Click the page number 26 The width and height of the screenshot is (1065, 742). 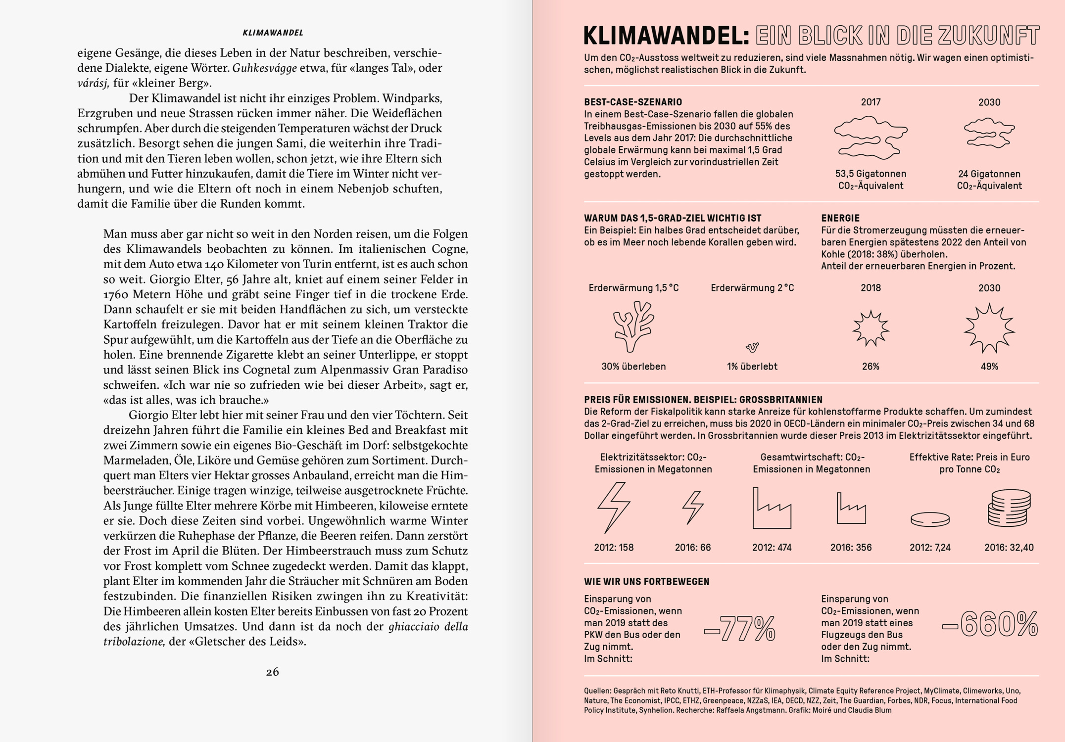point(272,672)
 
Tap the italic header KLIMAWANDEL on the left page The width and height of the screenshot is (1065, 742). point(273,33)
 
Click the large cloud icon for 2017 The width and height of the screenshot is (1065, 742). point(871,137)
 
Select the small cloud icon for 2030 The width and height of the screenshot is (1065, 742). point(989,133)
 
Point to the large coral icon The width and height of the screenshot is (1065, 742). point(633,326)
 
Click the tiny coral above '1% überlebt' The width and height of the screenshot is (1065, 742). point(752,347)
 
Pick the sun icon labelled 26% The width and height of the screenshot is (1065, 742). point(871,328)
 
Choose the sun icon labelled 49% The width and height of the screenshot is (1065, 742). point(989,328)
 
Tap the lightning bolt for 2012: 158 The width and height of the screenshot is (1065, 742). point(614,507)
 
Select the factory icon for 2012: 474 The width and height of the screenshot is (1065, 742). point(772,509)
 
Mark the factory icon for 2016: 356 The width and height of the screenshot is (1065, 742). point(851,509)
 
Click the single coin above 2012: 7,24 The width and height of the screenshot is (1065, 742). point(930,519)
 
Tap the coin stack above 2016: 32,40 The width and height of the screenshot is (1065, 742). point(1009,508)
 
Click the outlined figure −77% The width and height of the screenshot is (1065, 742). point(740,629)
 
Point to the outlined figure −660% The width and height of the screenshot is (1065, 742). point(990,624)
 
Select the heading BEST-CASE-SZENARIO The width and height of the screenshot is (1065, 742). point(633,102)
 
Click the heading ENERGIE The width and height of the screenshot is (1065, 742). point(840,218)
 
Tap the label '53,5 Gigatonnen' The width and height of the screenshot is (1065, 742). point(871,174)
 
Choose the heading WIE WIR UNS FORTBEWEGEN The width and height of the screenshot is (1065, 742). point(646,582)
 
